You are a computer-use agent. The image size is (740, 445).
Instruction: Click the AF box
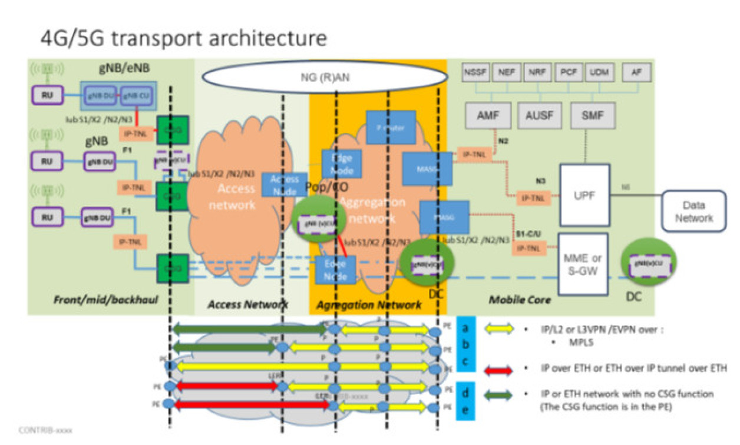pyautogui.click(x=636, y=73)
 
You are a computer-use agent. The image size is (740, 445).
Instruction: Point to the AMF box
pyautogui.click(x=487, y=115)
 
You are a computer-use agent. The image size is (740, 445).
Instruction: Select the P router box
pyautogui.click(x=391, y=127)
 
